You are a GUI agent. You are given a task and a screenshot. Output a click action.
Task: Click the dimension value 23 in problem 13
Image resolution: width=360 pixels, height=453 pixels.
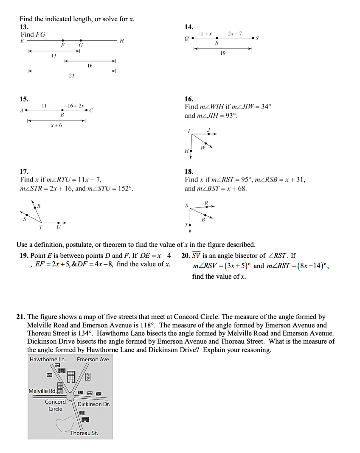[71, 76]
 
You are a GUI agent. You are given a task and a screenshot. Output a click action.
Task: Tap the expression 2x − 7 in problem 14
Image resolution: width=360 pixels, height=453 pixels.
[235, 33]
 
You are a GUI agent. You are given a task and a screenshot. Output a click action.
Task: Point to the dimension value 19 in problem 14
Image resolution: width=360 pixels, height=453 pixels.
[223, 53]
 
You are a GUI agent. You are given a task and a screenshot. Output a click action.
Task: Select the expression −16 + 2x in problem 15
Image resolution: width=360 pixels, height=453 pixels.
[74, 105]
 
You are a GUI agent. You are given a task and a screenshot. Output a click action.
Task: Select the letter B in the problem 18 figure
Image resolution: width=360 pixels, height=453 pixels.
[203, 220]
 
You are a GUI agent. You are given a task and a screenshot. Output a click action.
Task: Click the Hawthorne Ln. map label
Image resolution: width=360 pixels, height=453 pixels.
[47, 359]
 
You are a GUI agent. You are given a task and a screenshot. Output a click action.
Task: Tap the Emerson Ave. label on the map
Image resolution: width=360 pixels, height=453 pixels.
[93, 359]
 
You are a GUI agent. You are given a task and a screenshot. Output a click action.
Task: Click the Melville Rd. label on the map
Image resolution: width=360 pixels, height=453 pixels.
[42, 391]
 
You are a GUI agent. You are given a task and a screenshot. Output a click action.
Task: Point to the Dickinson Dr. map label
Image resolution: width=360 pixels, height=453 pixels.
[93, 404]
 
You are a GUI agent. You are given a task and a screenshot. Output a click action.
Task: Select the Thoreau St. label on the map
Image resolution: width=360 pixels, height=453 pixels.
[84, 433]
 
